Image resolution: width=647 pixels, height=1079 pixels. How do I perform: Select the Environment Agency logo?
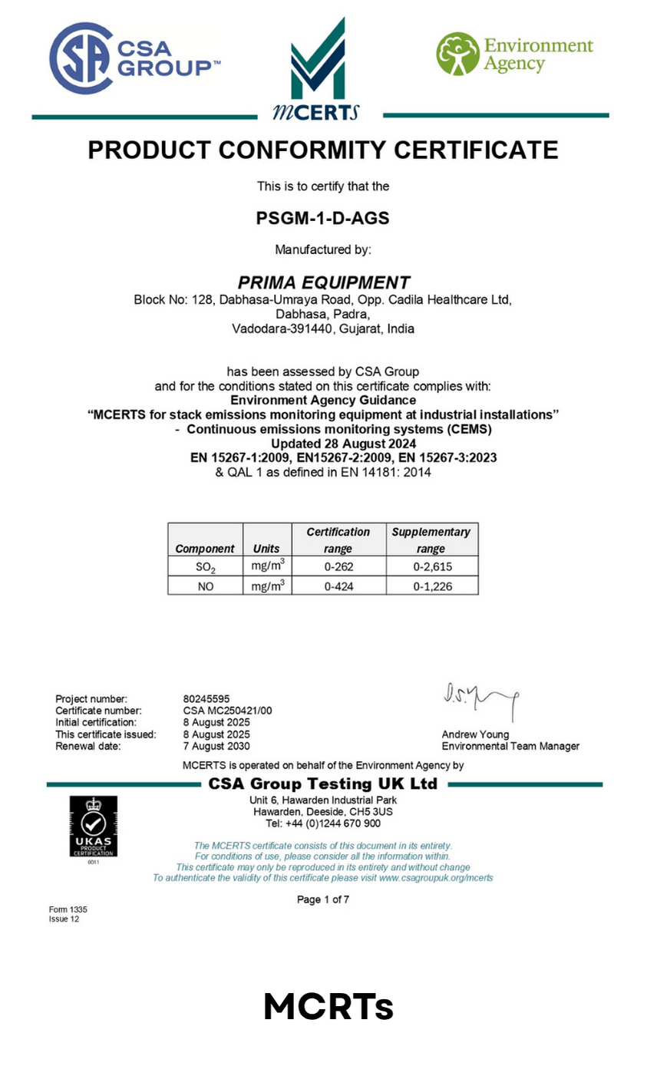click(514, 54)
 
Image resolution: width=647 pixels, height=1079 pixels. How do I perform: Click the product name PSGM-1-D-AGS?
click(322, 218)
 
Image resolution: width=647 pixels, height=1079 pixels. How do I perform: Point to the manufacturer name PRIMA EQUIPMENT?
click(323, 282)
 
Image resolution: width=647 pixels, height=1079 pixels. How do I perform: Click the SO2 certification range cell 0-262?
click(338, 567)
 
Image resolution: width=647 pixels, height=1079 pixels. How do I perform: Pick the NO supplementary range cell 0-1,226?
click(431, 586)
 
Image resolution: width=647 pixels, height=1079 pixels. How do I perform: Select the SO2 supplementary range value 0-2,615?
click(431, 567)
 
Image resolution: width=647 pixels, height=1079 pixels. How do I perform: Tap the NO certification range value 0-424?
click(338, 586)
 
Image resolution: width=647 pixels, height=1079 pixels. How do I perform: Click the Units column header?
click(266, 549)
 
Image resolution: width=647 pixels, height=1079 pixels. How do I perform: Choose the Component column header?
click(205, 549)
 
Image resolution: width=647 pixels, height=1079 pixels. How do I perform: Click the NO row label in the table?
click(205, 586)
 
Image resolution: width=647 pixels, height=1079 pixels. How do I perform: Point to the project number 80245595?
click(206, 699)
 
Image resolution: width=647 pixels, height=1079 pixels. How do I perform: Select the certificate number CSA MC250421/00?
click(228, 711)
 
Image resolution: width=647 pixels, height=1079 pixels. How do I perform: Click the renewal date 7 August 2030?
click(216, 746)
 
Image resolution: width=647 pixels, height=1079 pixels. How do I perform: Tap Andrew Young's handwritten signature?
click(480, 698)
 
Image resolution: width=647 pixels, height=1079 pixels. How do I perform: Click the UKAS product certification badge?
click(94, 827)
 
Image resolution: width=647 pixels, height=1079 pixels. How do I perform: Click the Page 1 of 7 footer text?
click(323, 899)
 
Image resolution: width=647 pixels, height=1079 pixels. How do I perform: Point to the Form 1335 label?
click(68, 909)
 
